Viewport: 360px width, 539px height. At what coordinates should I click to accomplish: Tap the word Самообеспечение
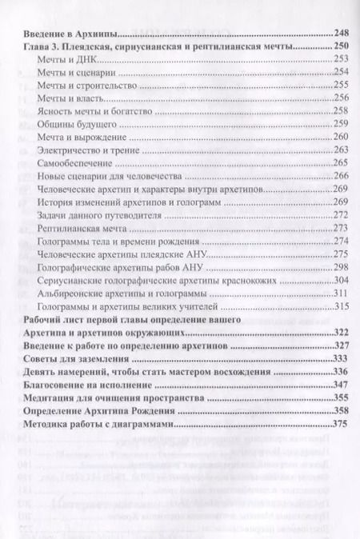(77, 163)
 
